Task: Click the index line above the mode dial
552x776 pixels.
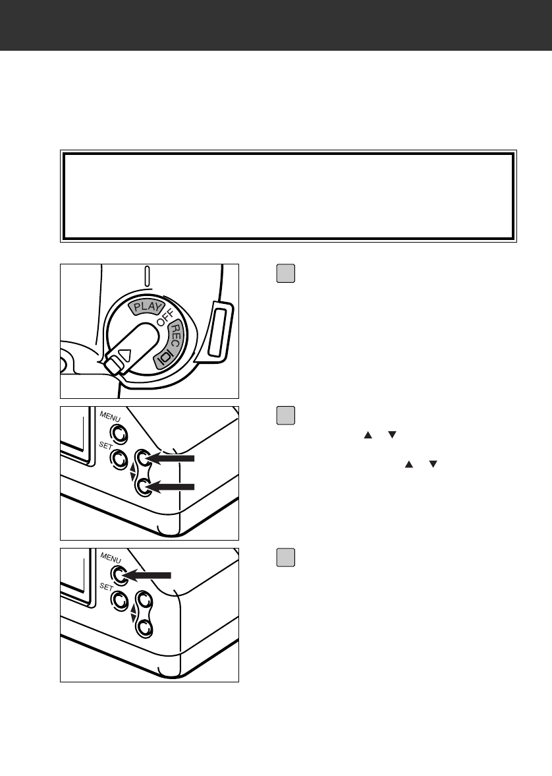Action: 149,277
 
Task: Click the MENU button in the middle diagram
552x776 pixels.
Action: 119,433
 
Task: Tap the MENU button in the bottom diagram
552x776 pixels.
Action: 119,574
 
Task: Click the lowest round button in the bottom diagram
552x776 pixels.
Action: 143,628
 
